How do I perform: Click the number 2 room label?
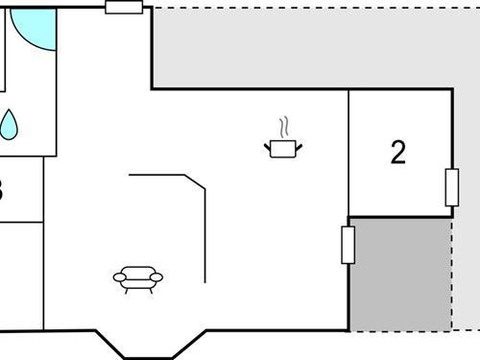coord(398,153)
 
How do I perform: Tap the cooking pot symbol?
coord(283,148)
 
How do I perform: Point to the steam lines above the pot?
coord(283,128)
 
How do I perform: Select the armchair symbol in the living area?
coord(138,277)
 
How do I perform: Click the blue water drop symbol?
coord(9,125)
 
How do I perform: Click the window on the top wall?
coord(124,8)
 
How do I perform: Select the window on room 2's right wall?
coord(452,187)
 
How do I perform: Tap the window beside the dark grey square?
coord(348,244)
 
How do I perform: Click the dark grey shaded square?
coord(400,275)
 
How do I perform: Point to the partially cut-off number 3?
coord(2,189)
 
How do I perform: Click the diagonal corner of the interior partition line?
coord(196,182)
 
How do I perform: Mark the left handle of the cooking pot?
coord(267,146)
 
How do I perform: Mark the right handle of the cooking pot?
coord(300,146)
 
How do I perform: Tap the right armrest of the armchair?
coord(156,277)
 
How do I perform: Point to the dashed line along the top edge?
coord(317,9)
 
